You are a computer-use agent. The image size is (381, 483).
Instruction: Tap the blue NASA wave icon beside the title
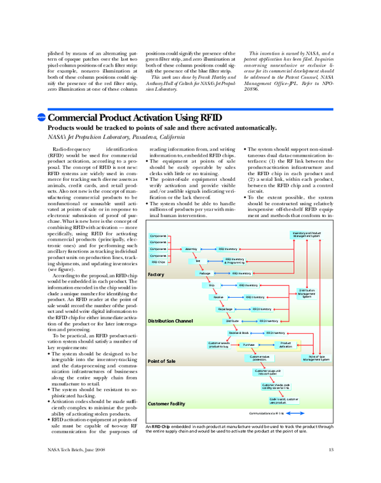(x=42, y=118)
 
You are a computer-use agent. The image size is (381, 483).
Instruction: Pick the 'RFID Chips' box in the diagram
(x=158, y=261)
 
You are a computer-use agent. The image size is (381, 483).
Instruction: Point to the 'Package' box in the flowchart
(x=204, y=273)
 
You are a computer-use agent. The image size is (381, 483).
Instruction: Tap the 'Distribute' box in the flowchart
(x=232, y=321)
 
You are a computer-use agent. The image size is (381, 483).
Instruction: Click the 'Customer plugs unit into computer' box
(x=267, y=371)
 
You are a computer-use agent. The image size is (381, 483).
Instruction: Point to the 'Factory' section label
(x=156, y=274)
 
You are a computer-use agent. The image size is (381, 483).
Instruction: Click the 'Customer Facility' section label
(x=166, y=404)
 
